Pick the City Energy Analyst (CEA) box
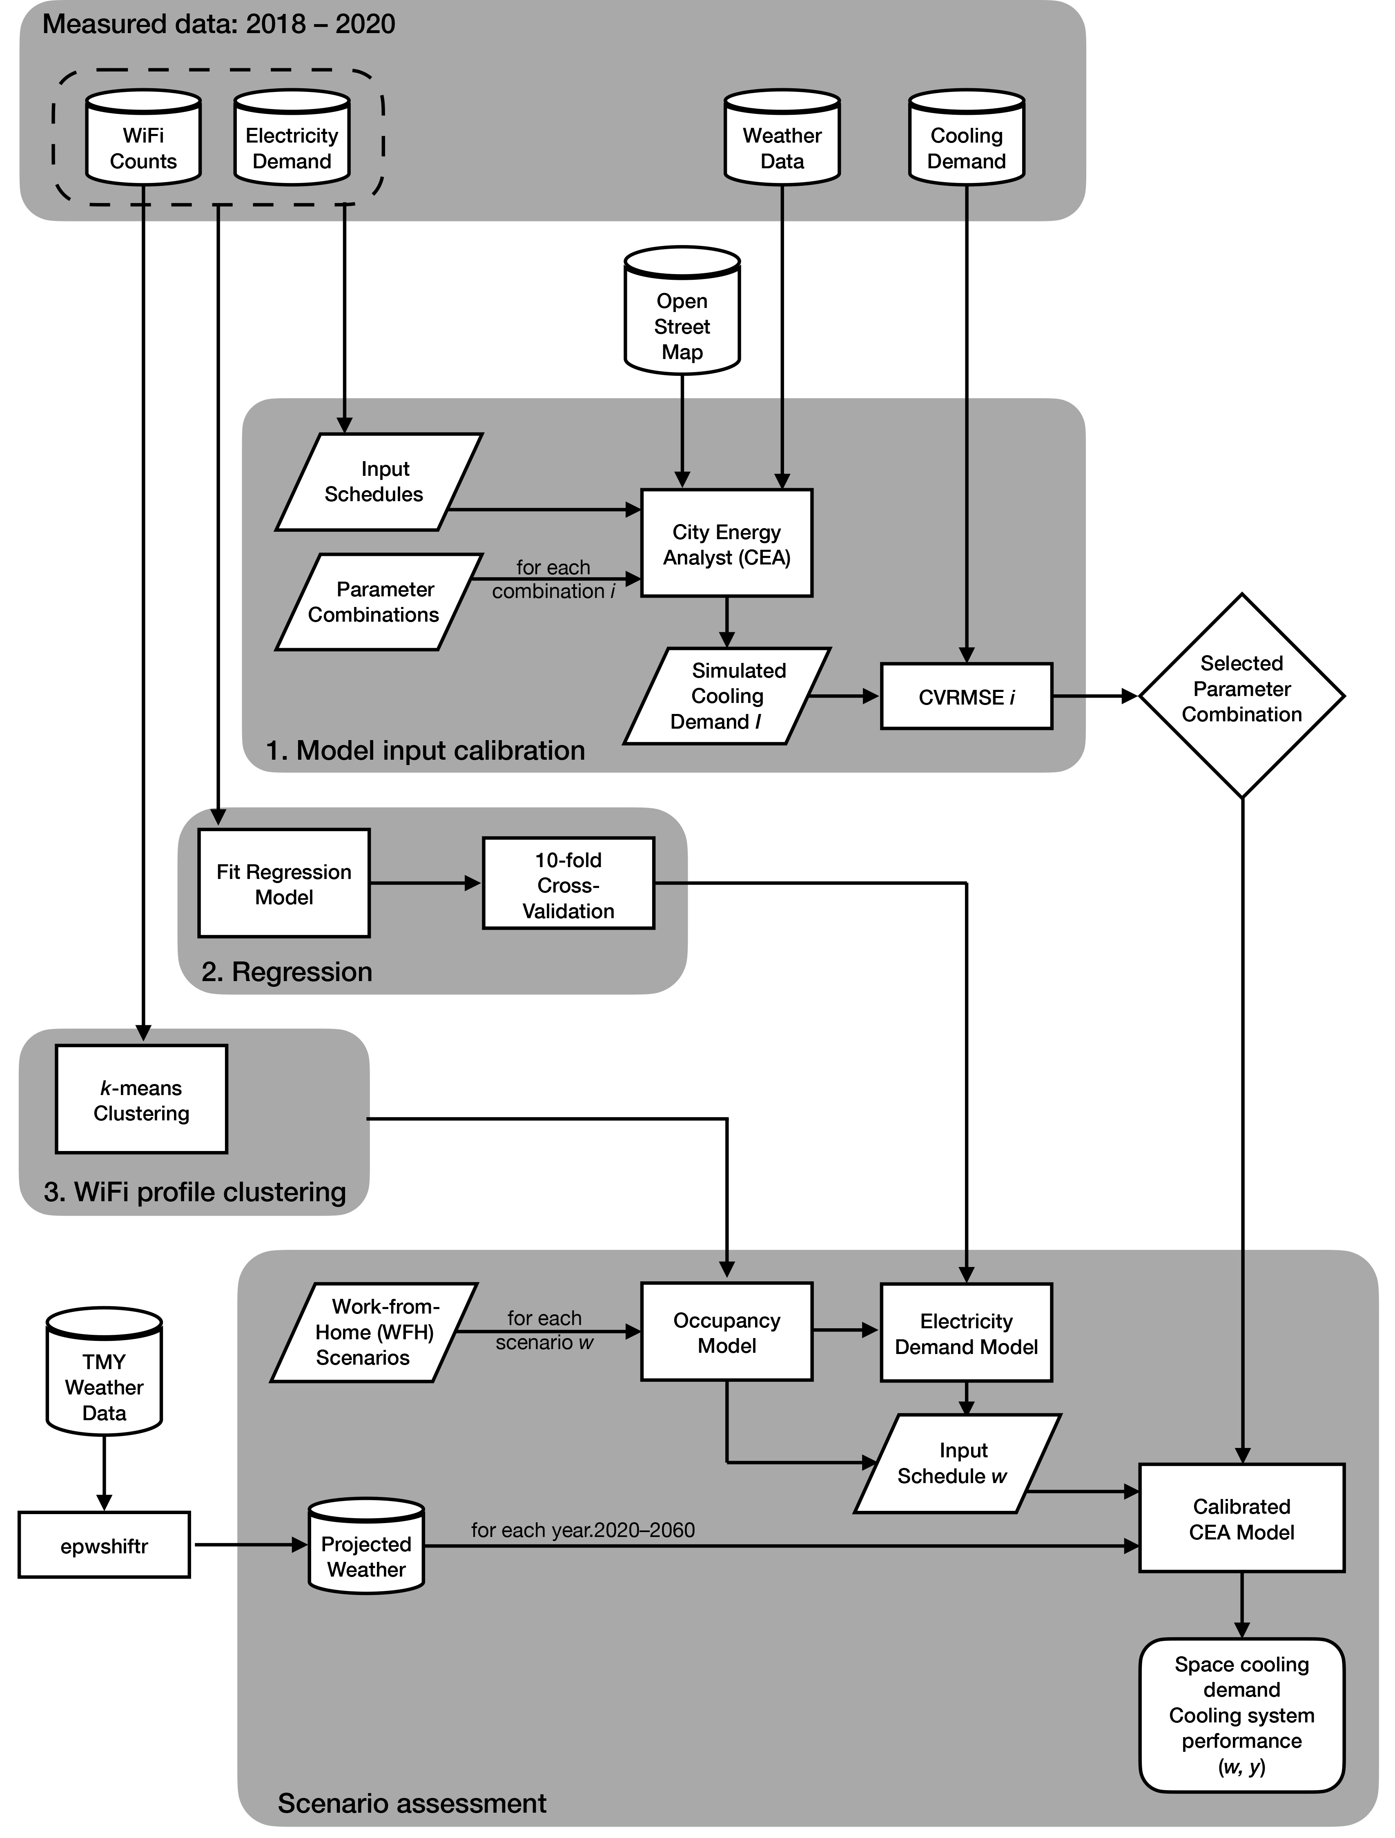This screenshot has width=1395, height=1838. tap(726, 543)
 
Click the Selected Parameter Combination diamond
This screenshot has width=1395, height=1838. tap(1241, 695)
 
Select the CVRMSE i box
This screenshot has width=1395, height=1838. tap(966, 696)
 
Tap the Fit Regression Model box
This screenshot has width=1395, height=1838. tap(283, 883)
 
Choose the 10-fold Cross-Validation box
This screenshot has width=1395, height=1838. tap(568, 884)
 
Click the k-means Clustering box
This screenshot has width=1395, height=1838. tap(141, 1099)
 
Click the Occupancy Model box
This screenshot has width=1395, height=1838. tap(726, 1332)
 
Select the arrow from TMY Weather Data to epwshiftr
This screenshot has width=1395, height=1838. tap(104, 1472)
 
